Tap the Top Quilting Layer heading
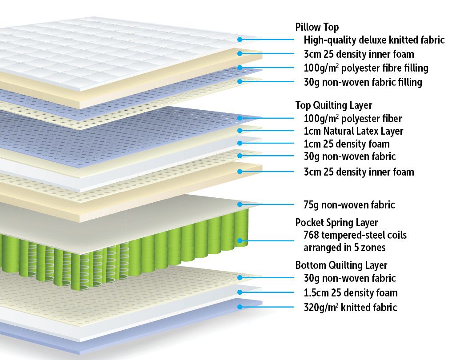[334, 105]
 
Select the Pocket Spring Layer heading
[336, 223]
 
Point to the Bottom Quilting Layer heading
[341, 265]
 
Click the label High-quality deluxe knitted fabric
[374, 40]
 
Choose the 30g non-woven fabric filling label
[363, 82]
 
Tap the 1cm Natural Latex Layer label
[353, 131]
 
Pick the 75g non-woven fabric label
[349, 205]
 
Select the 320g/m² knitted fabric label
[350, 307]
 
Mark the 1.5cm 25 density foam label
[351, 292]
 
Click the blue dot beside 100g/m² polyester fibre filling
[240, 68]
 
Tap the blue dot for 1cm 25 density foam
[240, 143]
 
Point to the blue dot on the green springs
[240, 241]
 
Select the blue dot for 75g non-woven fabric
[240, 204]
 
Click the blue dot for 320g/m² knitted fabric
[240, 307]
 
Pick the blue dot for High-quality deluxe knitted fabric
[240, 40]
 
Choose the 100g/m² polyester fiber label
[353, 119]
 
